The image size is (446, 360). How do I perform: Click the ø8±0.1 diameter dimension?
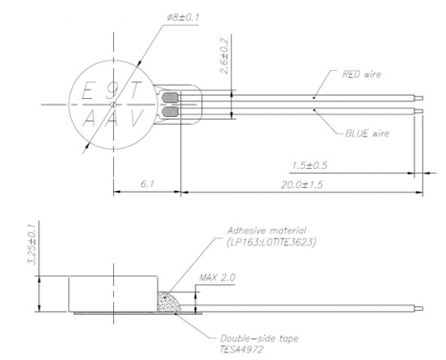point(183,16)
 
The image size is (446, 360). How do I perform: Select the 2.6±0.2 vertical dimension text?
point(225,57)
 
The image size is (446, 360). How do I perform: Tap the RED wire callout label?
point(362,74)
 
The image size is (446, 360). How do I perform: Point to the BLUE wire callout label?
point(367,133)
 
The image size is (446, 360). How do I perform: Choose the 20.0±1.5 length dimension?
point(302,184)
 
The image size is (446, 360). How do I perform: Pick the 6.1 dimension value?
point(148,184)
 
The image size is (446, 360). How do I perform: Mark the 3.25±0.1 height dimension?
point(32,244)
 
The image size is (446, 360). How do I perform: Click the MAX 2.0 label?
point(217,277)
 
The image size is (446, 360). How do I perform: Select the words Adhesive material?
point(267,230)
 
